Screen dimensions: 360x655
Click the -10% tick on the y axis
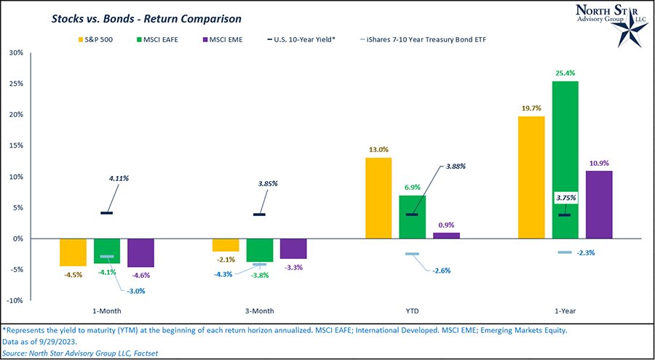pos(14,300)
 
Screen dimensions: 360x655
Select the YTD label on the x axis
pos(411,311)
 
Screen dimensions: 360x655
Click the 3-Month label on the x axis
pos(260,311)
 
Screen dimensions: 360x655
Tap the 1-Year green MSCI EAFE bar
pos(565,160)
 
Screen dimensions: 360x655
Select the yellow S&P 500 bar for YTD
pos(378,198)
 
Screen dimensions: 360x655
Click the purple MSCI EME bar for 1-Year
pos(599,204)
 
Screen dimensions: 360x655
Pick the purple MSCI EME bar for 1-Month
pos(140,252)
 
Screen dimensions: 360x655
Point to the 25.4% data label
pos(565,73)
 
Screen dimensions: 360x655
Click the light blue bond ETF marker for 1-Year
pos(565,252)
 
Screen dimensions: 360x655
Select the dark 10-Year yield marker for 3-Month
pos(260,215)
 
